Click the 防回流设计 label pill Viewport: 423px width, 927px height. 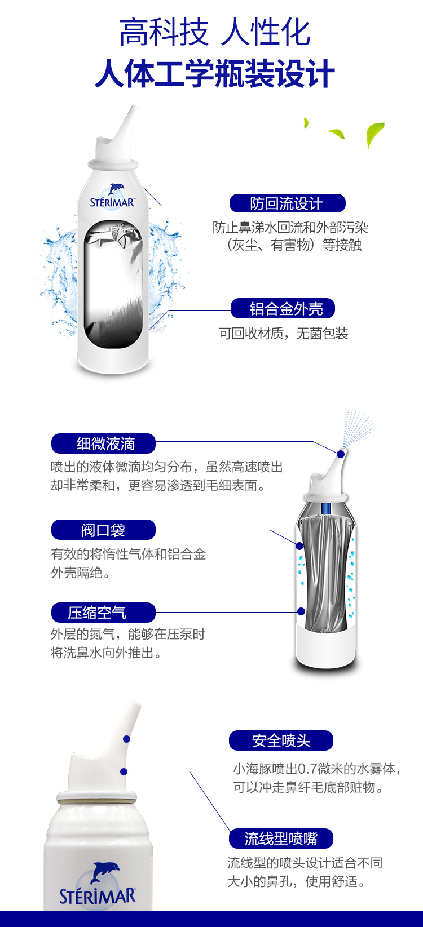(288, 203)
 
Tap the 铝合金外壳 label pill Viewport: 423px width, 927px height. (283, 308)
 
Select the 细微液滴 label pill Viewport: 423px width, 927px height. (103, 443)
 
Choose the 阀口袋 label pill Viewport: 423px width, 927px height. (103, 530)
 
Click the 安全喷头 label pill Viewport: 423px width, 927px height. (281, 740)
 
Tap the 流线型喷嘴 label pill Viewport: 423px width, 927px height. (281, 839)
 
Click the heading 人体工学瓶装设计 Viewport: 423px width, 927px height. (215, 73)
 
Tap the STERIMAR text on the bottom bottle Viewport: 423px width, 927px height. (98, 897)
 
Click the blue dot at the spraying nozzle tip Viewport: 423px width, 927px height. (341, 454)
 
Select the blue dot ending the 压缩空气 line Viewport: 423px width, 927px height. (301, 611)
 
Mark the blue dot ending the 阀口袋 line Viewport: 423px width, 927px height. (299, 546)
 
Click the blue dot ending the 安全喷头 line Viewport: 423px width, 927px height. (127, 739)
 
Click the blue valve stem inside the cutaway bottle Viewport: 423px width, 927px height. (327, 508)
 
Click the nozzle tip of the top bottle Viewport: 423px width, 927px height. (134, 109)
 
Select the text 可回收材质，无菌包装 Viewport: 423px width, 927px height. (283, 333)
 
